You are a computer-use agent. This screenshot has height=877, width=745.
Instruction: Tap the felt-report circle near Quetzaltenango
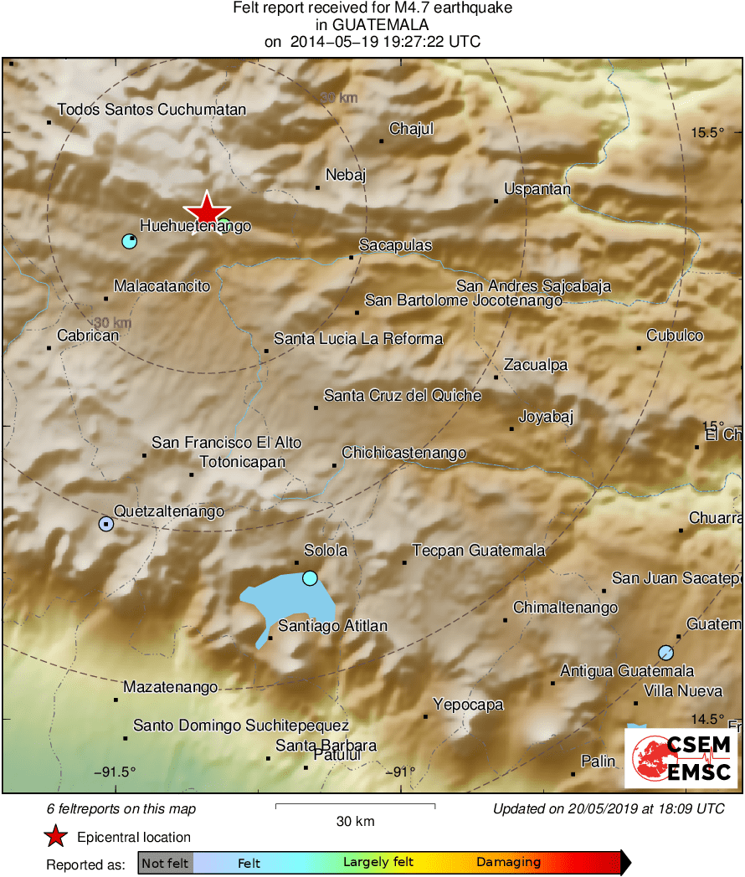[106, 524]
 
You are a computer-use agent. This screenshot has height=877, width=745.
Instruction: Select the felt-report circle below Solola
[310, 577]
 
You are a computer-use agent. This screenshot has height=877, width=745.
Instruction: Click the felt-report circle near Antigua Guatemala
[665, 652]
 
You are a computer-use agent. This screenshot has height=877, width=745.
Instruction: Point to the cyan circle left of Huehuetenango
[129, 241]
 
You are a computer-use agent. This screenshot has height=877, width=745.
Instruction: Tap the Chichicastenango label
[403, 453]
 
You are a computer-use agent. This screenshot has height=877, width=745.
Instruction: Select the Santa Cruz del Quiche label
[402, 395]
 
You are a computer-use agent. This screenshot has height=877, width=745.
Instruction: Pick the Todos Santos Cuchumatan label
[152, 110]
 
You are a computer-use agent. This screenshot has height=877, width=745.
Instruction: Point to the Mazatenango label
[170, 687]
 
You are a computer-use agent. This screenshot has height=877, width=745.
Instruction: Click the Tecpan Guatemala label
[479, 550]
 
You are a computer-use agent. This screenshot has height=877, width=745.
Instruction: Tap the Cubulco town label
[675, 336]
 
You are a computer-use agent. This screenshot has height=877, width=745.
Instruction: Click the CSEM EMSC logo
[681, 758]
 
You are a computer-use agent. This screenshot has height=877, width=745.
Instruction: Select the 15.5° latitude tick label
[706, 132]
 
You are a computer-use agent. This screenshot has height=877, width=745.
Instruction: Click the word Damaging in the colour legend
[508, 862]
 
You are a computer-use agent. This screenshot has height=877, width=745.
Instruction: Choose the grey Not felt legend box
[165, 862]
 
